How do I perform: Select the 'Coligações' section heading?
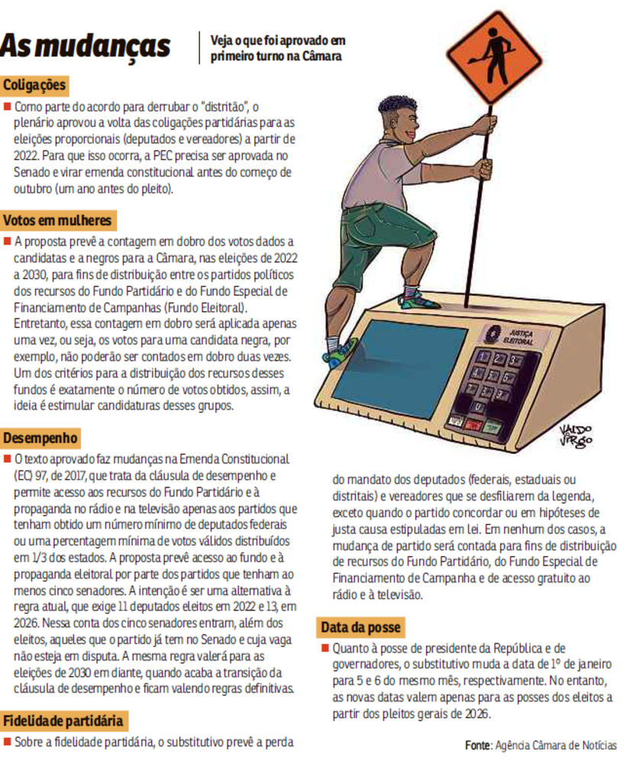(x=35, y=85)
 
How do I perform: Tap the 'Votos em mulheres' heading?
(x=57, y=221)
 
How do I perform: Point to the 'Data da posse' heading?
(x=360, y=627)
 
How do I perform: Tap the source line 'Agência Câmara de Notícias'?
(x=540, y=745)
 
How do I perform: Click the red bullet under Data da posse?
(x=325, y=649)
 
